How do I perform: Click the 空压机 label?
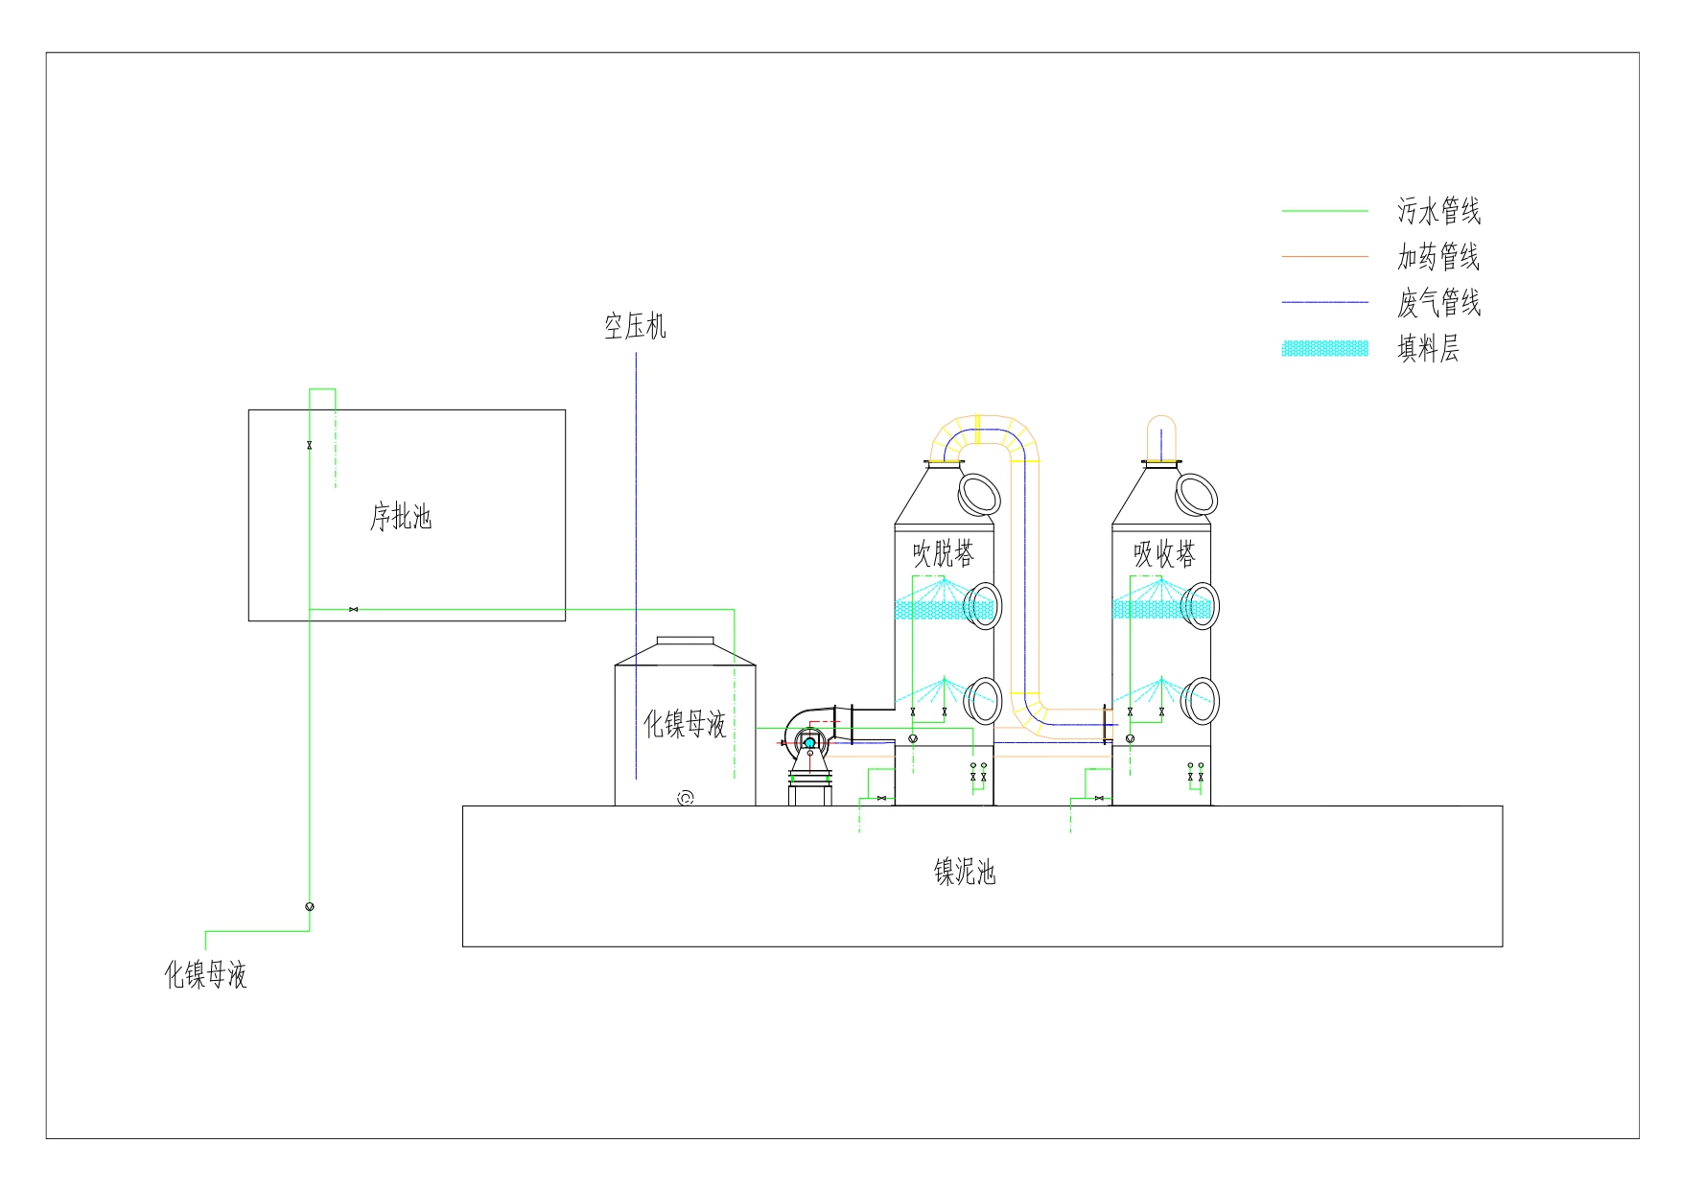[635, 327]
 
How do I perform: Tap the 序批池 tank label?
[401, 518]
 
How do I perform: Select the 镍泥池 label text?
[965, 872]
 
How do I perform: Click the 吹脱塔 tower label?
[944, 554]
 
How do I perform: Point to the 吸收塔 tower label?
[1164, 554]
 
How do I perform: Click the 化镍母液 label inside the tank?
[685, 724]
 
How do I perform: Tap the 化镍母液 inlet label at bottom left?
[206, 975]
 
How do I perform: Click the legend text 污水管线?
[1438, 211]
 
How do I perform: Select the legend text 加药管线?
[1438, 257]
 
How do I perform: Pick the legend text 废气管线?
[1438, 303]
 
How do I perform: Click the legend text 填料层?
[1428, 349]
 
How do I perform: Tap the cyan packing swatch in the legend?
[1325, 349]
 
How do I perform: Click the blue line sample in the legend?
[1325, 303]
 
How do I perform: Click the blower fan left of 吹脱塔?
[807, 741]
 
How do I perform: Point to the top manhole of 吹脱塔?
[979, 493]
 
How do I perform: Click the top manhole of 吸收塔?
[1197, 493]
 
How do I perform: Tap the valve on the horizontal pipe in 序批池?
[354, 609]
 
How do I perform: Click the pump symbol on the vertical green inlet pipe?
[310, 906]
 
